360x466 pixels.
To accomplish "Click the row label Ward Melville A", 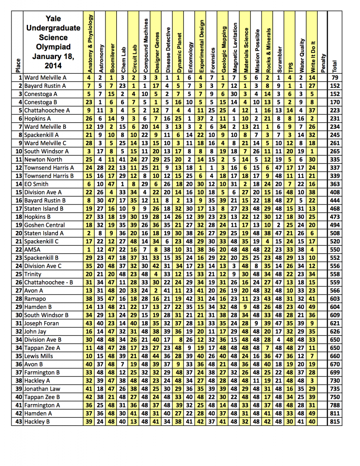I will (45, 78).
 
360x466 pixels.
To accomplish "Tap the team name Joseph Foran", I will (42, 323).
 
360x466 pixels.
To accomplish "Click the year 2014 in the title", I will (53, 65).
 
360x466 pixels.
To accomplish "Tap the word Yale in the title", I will (53, 18).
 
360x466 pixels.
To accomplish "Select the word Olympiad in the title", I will (53, 47).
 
